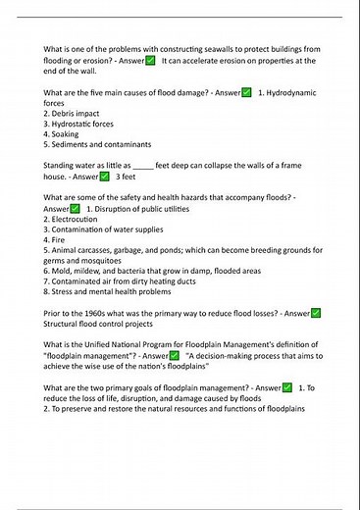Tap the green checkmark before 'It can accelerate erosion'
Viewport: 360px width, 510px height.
[x=150, y=61]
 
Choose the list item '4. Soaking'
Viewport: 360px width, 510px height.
[x=67, y=135]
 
